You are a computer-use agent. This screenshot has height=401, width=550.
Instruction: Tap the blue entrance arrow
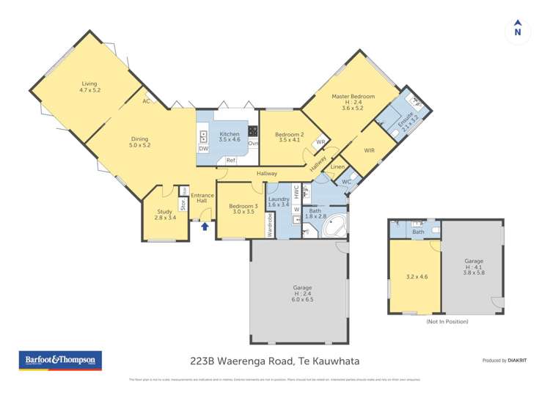click(x=205, y=227)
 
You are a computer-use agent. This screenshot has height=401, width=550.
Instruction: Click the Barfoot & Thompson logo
click(x=60, y=360)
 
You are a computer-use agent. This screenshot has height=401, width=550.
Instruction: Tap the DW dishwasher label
click(x=202, y=149)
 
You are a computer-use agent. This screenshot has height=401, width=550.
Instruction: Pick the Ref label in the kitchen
click(x=230, y=161)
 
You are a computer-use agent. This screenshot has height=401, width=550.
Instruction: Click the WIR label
click(x=369, y=151)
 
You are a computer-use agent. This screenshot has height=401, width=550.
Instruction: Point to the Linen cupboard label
click(x=337, y=167)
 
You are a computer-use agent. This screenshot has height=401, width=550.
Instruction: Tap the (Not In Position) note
click(x=447, y=321)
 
